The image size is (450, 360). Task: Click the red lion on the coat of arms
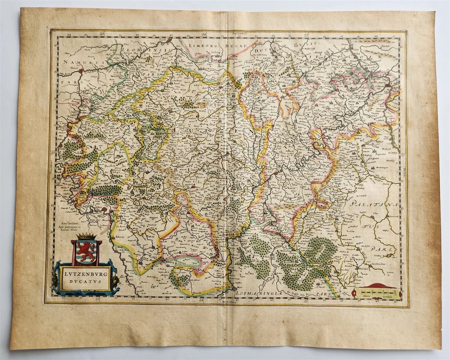85,251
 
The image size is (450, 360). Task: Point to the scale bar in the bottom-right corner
377,292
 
